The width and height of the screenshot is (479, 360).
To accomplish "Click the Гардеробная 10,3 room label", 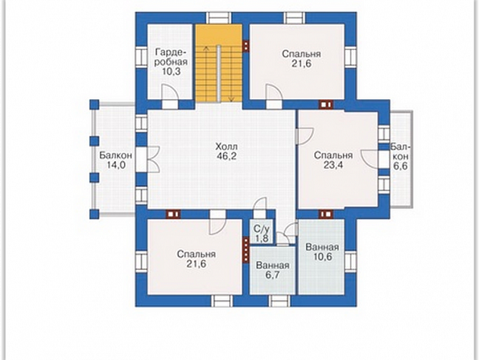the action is point(171,61).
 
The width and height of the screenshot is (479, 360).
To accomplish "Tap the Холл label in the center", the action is point(226,146).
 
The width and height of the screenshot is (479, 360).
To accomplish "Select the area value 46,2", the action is point(226,156).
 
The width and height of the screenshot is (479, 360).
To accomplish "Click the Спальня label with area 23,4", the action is point(333,160).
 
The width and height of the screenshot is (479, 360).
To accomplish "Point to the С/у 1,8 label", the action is point(262,234).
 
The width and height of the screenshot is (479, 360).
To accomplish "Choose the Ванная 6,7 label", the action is point(273,270).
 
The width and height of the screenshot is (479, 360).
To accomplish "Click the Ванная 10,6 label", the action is point(322,252).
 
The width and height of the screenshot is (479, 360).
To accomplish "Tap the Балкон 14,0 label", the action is point(116,160).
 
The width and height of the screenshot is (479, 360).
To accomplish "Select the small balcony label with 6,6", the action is point(400,156).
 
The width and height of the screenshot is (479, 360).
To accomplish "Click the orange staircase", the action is point(219,63).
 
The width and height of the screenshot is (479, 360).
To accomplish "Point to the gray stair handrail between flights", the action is point(219,73).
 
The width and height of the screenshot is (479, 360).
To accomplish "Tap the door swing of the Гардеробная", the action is point(169,92).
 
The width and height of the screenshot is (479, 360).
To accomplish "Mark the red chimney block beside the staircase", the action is point(246,46).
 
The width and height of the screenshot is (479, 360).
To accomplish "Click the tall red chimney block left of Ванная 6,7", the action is point(246,250).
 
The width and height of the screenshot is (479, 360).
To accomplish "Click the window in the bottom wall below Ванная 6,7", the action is point(280,301).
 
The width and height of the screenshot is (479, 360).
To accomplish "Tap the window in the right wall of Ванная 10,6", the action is point(351,262).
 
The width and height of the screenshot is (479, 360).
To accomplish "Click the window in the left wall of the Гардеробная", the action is point(141,57).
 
